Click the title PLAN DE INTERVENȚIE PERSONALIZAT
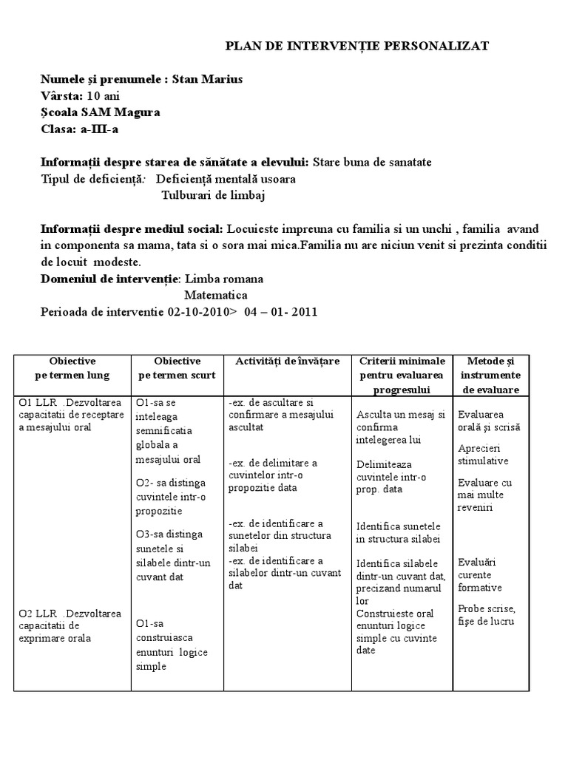pos(356,46)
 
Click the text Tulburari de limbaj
pos(213,195)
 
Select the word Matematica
pos(216,295)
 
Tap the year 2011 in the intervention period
pos(304,311)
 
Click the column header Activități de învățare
pos(288,361)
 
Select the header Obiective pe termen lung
pos(72,367)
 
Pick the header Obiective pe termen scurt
pos(177,367)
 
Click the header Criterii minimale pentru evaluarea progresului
pos(402,375)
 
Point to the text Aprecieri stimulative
pos(483,455)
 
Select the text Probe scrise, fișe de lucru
pos(486,614)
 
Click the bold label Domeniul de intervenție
pos(109,279)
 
